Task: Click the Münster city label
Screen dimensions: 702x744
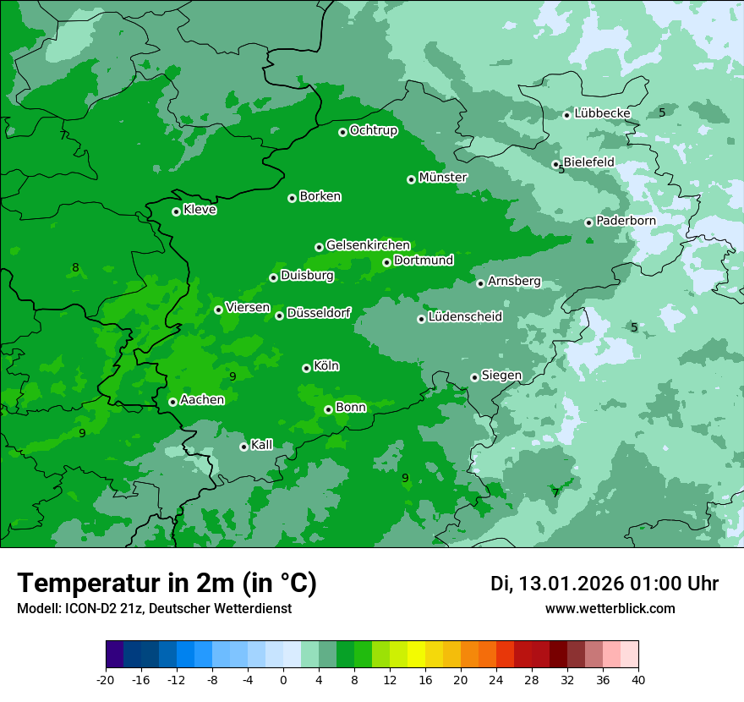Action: point(443,178)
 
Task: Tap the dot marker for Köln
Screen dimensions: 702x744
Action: point(306,368)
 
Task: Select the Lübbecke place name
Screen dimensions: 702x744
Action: point(602,113)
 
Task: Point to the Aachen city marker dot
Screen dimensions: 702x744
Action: point(172,402)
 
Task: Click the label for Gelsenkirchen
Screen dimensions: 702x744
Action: point(368,245)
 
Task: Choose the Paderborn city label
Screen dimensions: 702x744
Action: point(626,221)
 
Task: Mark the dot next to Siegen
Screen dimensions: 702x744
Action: point(474,377)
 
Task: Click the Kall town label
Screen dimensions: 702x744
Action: point(262,445)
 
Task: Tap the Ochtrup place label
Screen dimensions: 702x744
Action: point(373,130)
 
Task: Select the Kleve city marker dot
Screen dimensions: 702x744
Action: point(176,211)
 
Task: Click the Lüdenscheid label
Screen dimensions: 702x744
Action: point(465,317)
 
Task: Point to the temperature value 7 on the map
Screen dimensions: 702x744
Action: point(555,492)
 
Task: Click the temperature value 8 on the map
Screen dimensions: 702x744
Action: point(75,268)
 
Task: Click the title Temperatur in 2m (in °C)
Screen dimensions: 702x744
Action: point(167,584)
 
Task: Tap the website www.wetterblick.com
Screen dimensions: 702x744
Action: point(610,609)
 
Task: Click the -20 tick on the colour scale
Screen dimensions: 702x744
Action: point(106,679)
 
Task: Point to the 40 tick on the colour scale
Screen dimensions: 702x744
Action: point(638,679)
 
